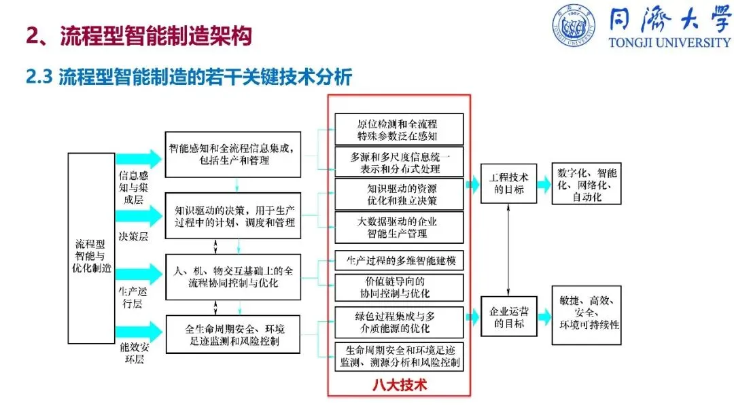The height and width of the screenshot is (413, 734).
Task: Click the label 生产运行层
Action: [x=133, y=298]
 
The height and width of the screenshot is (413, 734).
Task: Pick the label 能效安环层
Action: [x=133, y=353]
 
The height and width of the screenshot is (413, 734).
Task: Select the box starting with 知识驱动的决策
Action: [x=234, y=215]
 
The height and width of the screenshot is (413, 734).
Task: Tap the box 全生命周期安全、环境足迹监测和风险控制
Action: [x=234, y=334]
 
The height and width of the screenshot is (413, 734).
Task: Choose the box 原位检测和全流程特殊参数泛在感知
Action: [x=399, y=129]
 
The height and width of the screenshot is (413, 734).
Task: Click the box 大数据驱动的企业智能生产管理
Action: [x=399, y=228]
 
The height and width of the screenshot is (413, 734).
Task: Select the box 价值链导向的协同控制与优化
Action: [x=399, y=287]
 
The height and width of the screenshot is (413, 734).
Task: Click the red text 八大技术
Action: [x=399, y=384]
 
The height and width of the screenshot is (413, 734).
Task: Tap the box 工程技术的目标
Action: [x=509, y=183]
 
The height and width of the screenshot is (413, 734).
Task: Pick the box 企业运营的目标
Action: [x=509, y=317]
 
